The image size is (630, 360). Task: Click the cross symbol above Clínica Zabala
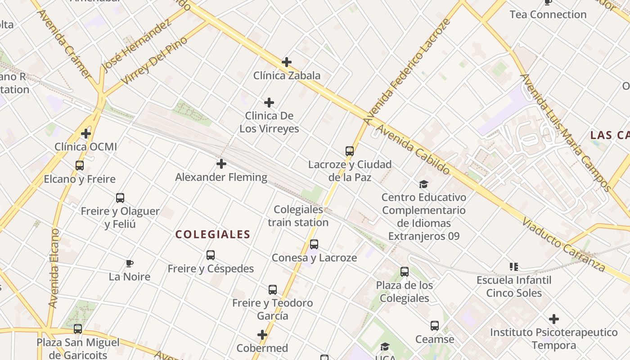pyautogui.click(x=287, y=62)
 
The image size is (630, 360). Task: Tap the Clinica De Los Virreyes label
pyautogui.click(x=269, y=122)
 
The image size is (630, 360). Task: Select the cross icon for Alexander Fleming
pyautogui.click(x=221, y=164)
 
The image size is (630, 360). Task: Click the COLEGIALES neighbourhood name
pyautogui.click(x=213, y=234)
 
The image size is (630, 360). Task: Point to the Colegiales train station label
pyautogui.click(x=298, y=216)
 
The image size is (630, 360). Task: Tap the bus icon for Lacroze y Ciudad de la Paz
pyautogui.click(x=350, y=151)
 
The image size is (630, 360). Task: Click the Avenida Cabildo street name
pyautogui.click(x=413, y=150)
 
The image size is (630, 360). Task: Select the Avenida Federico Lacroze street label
pyautogui.click(x=407, y=72)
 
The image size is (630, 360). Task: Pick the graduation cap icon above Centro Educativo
pyautogui.click(x=423, y=184)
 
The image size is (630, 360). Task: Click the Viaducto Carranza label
pyautogui.click(x=564, y=245)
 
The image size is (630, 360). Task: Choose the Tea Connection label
pyautogui.click(x=548, y=14)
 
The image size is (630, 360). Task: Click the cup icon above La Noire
pyautogui.click(x=130, y=263)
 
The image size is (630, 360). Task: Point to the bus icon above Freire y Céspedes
pyautogui.click(x=211, y=255)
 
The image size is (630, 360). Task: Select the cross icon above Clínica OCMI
pyautogui.click(x=86, y=134)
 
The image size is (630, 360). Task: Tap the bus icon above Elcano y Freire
pyautogui.click(x=80, y=166)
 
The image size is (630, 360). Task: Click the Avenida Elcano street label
pyautogui.click(x=54, y=268)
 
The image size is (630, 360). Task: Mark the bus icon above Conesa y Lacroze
pyautogui.click(x=314, y=244)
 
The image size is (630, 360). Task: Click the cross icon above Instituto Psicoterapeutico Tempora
pyautogui.click(x=554, y=319)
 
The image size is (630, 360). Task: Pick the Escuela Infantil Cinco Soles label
pyautogui.click(x=514, y=287)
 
